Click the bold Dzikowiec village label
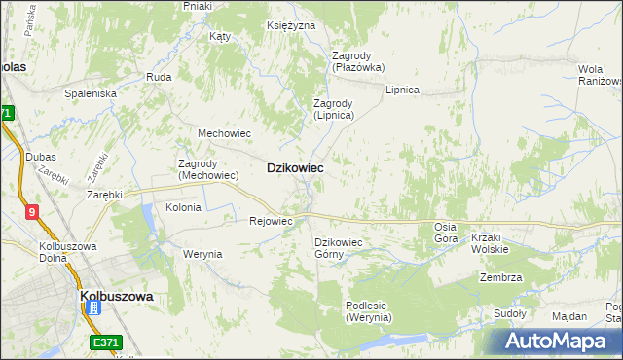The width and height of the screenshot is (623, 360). coord(295,168)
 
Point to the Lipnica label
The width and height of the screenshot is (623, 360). coord(401,90)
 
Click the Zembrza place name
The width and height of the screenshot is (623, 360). coord(500,277)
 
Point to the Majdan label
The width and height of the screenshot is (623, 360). coord(568,316)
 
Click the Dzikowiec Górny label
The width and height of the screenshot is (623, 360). coord(338,248)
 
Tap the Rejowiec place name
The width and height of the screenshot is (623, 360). coord(272,221)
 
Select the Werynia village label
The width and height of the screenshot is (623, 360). coord(202,254)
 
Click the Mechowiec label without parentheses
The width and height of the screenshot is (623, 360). coord(225,133)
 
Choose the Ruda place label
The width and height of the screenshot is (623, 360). coord(159,76)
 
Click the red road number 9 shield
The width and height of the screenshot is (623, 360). coord(32,212)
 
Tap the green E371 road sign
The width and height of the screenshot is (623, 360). coord(106,342)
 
